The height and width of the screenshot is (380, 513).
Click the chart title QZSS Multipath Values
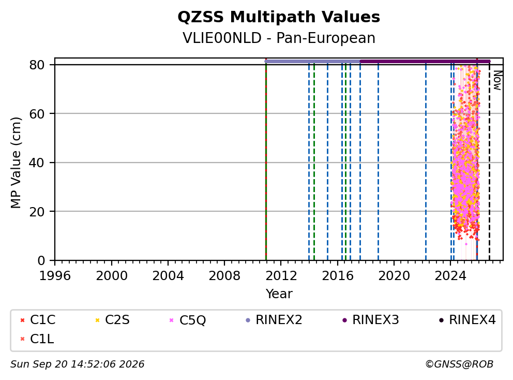tap(279, 17)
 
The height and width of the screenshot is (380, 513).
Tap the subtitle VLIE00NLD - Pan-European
tap(279, 38)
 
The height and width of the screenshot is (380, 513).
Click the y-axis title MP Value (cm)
tap(16, 163)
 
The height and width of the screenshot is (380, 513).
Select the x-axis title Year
tap(279, 294)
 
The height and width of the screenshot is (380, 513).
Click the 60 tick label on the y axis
tap(37, 114)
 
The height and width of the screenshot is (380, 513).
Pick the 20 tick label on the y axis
tap(37, 212)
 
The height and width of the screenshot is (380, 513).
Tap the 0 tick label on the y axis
tap(41, 260)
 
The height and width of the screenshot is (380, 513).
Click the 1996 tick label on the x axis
tap(55, 276)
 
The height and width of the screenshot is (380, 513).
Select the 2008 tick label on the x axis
tap(224, 276)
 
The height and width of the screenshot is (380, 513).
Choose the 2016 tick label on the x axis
tap(337, 276)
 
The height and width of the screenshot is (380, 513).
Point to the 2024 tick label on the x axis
tap(450, 276)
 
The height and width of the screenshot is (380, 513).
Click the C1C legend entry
tap(38, 320)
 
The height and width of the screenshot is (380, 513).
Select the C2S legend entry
tap(113, 320)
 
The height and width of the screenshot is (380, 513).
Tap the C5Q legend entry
tap(188, 320)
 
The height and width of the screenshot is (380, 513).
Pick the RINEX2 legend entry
tap(274, 320)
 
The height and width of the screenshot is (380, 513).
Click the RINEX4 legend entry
tap(467, 320)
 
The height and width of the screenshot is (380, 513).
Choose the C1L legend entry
tap(37, 339)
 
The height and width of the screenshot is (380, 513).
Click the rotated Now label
tap(497, 81)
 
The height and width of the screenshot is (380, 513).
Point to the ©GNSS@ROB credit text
tap(459, 364)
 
